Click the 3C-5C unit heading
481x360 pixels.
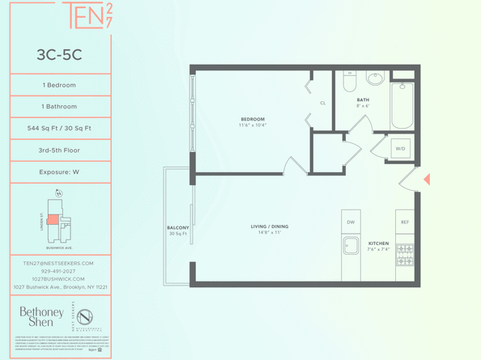58,56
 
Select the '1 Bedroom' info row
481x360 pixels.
58,85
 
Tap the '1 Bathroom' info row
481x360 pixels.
58,106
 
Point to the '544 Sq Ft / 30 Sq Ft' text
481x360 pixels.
58,128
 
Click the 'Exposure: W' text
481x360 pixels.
58,172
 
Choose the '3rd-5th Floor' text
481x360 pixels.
58,150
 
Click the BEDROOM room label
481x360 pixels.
253,119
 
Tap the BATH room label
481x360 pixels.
362,101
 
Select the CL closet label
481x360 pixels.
322,103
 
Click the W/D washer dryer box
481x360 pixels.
400,149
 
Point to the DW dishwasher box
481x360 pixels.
351,222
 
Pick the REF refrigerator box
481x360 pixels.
404,222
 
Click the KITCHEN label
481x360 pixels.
378,243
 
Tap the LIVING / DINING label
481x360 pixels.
270,227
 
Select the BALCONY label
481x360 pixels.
177,227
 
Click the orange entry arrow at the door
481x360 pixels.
427,179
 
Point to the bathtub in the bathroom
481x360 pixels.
403,105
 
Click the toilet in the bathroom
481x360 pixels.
350,82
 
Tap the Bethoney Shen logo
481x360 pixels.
36,316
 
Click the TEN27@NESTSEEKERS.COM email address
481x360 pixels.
58,263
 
